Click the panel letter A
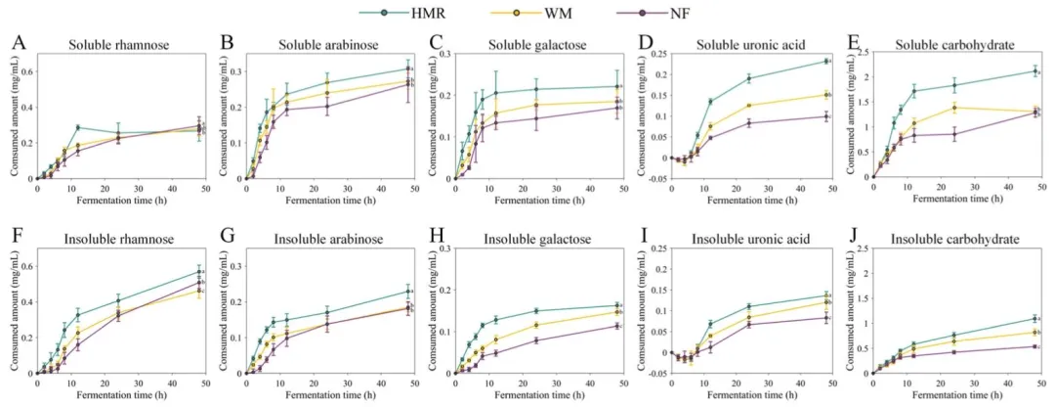(x=19, y=44)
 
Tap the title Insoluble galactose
(x=536, y=237)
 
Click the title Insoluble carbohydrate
(x=958, y=237)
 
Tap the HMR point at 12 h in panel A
(x=78, y=128)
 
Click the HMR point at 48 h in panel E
(x=1034, y=70)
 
